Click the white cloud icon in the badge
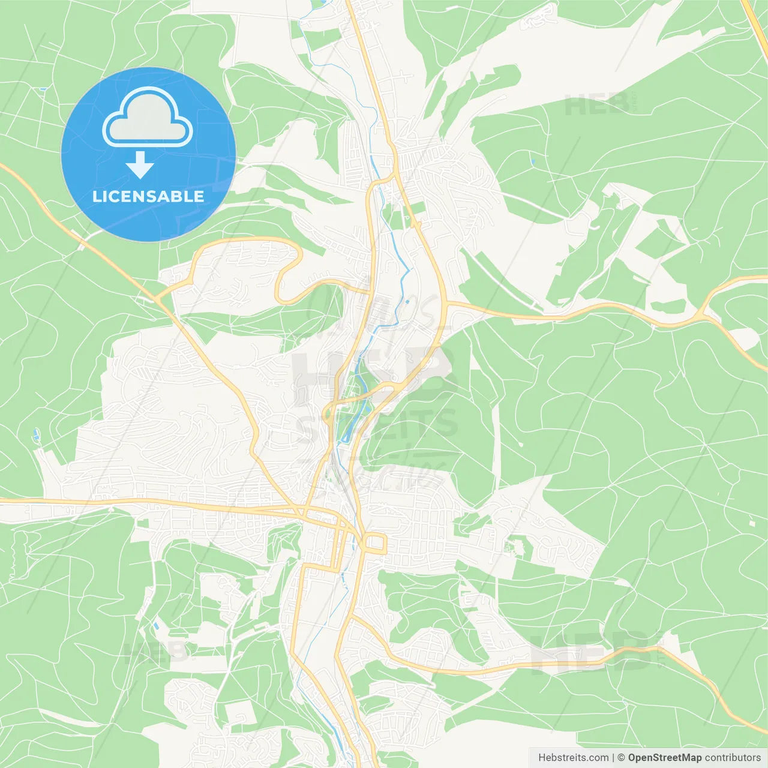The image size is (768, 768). pyautogui.click(x=148, y=118)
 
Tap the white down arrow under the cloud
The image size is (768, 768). pyautogui.click(x=140, y=165)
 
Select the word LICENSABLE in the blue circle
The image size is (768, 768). pyautogui.click(x=148, y=196)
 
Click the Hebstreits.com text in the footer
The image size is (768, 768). pyautogui.click(x=573, y=758)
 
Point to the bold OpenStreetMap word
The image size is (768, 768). pyautogui.click(x=665, y=758)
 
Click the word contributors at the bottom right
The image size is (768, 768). pyautogui.click(x=733, y=758)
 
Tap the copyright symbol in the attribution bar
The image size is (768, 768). pyautogui.click(x=621, y=758)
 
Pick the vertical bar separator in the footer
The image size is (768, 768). pyautogui.click(x=613, y=758)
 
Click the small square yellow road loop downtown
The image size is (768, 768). pyautogui.click(x=375, y=543)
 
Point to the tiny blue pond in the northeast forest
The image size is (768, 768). pyautogui.click(x=532, y=161)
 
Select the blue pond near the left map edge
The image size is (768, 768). pyautogui.click(x=35, y=433)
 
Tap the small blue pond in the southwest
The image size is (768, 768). pyautogui.click(x=156, y=625)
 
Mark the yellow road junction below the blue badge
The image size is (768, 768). pyautogui.click(x=157, y=297)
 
